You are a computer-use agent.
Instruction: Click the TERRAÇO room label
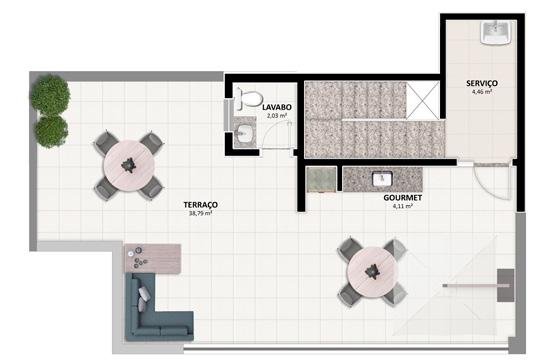(x=201, y=205)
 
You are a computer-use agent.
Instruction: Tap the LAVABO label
(x=277, y=107)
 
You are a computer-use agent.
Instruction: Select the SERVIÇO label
(x=482, y=83)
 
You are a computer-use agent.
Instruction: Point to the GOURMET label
(x=403, y=197)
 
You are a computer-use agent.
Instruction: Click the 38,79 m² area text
(x=201, y=213)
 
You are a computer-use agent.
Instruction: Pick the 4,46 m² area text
(x=482, y=92)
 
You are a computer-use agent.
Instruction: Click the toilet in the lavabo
(x=248, y=99)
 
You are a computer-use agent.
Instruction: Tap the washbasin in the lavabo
(x=244, y=132)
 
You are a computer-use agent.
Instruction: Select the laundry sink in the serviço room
(x=496, y=32)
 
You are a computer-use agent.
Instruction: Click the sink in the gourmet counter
(x=382, y=178)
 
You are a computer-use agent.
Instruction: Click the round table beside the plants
(x=129, y=165)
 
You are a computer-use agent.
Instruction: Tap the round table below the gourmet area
(x=373, y=271)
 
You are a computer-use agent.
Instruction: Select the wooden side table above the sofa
(x=153, y=259)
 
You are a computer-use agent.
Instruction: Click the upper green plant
(x=50, y=95)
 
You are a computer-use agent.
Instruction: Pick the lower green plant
(x=52, y=131)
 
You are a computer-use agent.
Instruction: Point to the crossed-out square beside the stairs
(x=423, y=100)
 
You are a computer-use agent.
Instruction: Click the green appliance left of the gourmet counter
(x=321, y=180)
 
